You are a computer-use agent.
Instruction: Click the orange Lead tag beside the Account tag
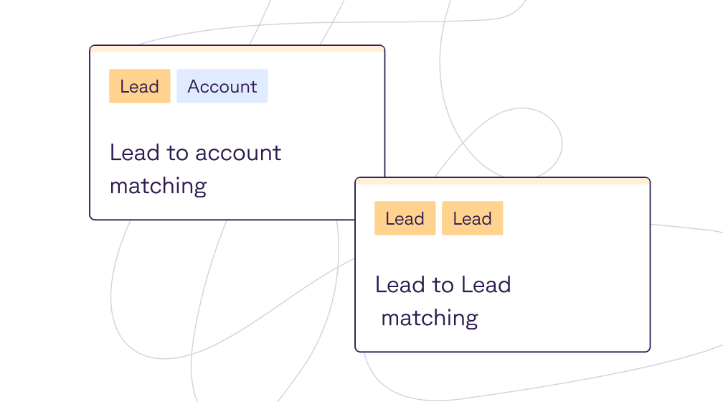pyautogui.click(x=139, y=86)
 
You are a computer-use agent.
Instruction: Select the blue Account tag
pyautogui.click(x=222, y=86)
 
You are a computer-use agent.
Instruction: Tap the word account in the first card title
pyautogui.click(x=238, y=153)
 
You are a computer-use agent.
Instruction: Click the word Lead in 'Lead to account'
pyautogui.click(x=129, y=153)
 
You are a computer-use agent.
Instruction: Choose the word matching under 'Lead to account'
pyautogui.click(x=158, y=186)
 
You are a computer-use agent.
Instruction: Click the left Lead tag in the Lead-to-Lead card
pyautogui.click(x=405, y=218)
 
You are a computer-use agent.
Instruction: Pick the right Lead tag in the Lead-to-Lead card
pyautogui.click(x=472, y=218)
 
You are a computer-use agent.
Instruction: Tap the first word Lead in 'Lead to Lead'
pyautogui.click(x=400, y=285)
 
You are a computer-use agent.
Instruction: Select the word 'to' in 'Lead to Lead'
pyautogui.click(x=443, y=285)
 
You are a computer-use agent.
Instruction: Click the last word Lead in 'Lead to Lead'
pyautogui.click(x=486, y=285)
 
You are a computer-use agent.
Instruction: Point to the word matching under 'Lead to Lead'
pyautogui.click(x=430, y=318)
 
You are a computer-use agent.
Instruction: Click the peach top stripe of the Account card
pyautogui.click(x=237, y=49)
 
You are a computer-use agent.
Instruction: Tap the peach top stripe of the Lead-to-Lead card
pyautogui.click(x=502, y=181)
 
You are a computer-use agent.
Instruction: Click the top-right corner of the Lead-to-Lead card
pyautogui.click(x=648, y=179)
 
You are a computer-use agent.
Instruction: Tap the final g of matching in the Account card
pyautogui.click(x=200, y=187)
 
